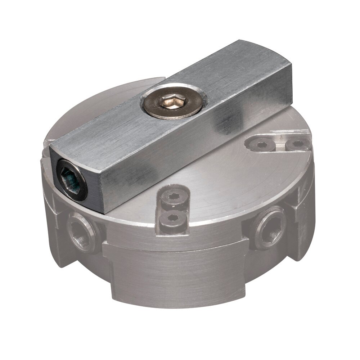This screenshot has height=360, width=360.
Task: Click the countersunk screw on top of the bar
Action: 174,102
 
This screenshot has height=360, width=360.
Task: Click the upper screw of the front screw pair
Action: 174,197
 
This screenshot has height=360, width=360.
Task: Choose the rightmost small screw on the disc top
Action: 298,144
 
